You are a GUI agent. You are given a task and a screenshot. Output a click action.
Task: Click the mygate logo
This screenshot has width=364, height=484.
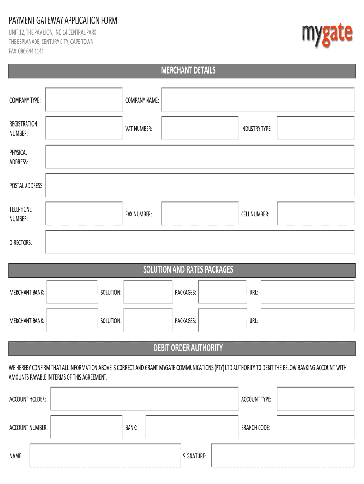coord(327,35)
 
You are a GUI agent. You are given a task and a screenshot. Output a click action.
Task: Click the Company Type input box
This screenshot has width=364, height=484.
coord(84,100)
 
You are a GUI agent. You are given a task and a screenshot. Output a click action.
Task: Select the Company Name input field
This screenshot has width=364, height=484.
coord(258,100)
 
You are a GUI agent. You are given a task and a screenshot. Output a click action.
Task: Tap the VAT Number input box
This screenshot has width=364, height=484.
coord(200,129)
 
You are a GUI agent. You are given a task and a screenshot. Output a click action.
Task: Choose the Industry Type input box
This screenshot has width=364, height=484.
coord(315,129)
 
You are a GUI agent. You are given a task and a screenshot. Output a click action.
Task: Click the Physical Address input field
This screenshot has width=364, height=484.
coord(200,157)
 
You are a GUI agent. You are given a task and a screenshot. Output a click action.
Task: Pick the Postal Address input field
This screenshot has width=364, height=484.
coord(200,185)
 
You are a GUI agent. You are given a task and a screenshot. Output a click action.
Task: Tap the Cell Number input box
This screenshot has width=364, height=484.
coord(315,214)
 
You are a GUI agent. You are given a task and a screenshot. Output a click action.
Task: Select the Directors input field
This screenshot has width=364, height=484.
coord(200,242)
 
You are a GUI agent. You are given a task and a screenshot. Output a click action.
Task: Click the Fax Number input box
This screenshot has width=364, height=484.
coord(200,214)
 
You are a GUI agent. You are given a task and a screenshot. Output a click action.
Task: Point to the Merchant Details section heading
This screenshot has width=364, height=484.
coord(188,71)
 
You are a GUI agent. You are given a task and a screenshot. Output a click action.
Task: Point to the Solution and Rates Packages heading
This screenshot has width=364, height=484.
coord(188,270)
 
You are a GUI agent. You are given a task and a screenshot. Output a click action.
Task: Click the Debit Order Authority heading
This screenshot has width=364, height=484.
coord(188,348)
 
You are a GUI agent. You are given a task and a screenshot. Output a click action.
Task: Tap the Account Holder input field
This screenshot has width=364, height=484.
coord(144,399)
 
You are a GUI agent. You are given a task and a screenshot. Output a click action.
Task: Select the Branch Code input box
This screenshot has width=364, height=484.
coord(315,427)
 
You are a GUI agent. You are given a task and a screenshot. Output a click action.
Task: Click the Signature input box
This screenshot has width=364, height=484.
coord(283,456)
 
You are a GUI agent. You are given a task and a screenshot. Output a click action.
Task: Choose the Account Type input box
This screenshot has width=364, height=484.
coord(315,399)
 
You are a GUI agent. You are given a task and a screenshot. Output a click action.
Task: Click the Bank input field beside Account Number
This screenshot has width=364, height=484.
coord(191,427)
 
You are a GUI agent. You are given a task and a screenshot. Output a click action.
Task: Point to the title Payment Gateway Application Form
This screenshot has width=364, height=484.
coord(63,21)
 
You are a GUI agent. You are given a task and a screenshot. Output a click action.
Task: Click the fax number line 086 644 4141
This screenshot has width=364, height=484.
coord(26,51)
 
